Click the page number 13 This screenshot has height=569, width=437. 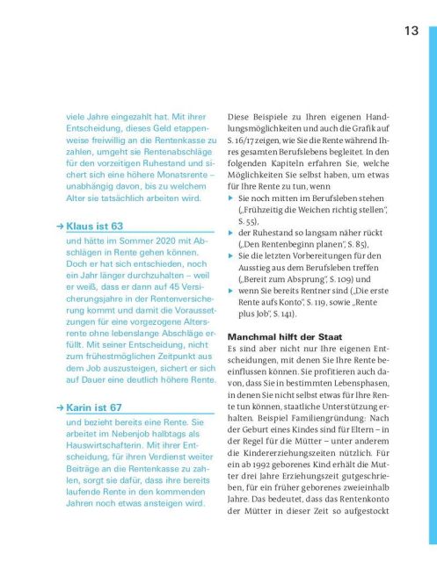point(411,32)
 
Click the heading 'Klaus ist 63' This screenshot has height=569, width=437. point(97,227)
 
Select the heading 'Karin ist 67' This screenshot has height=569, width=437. point(97,407)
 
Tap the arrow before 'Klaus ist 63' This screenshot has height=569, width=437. point(58,227)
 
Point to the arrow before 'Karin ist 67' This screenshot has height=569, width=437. point(58,407)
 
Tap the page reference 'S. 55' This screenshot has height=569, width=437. point(248,224)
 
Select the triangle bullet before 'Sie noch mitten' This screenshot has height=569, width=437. point(231,200)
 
